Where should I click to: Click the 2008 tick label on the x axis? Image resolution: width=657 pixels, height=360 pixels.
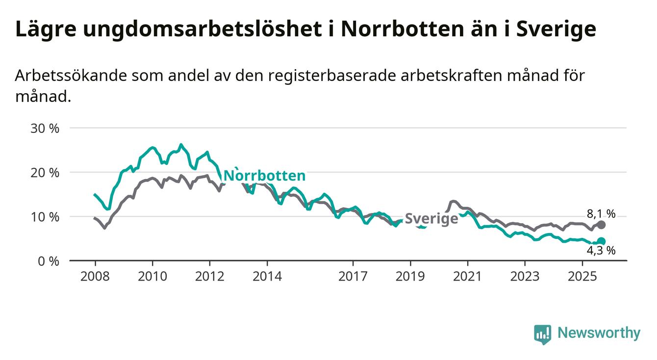(95, 277)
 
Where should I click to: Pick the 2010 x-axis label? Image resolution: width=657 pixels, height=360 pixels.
(152, 277)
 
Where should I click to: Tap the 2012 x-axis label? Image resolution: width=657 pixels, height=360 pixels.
(209, 277)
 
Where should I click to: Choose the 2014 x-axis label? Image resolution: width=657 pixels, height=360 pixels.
(267, 277)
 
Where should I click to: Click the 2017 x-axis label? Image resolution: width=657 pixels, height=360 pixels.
(353, 277)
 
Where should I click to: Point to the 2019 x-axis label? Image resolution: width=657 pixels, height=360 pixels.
(410, 277)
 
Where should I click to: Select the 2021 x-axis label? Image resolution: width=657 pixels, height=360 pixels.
(467, 277)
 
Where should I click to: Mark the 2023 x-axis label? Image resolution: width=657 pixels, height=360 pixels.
(525, 277)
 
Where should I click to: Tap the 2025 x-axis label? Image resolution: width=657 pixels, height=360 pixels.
(582, 277)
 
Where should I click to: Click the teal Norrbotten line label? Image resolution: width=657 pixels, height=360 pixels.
(264, 176)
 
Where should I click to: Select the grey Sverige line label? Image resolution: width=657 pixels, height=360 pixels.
(431, 219)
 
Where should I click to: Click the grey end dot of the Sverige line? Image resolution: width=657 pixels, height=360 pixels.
(602, 225)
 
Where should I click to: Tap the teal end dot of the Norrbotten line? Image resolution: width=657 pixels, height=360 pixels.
(602, 241)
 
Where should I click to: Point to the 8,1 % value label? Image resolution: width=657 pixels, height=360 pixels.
(601, 214)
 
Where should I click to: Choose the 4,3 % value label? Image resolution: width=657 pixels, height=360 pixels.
(601, 251)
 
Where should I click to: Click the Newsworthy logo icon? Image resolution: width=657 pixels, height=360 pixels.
(542, 334)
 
